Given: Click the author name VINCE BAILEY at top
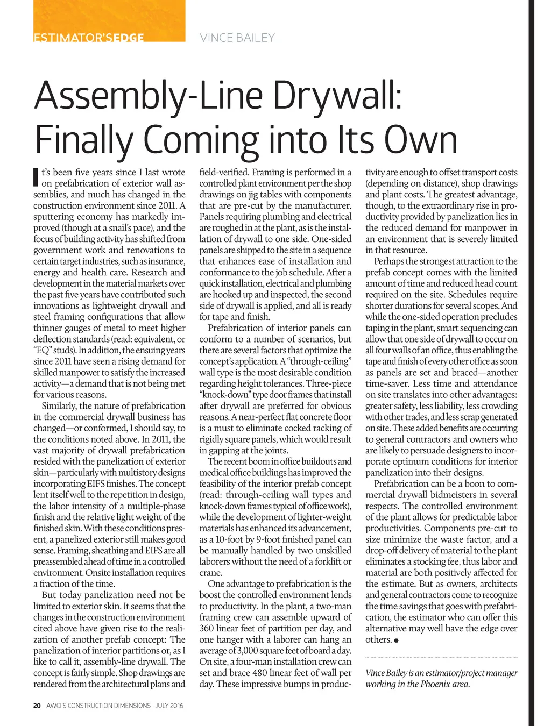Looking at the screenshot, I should (237, 38).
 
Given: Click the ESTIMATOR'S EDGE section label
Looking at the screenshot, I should (89, 38).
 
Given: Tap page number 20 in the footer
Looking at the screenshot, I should (37, 706).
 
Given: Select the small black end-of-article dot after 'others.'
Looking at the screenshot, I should (396, 640).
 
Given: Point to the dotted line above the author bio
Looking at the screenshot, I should (441, 657).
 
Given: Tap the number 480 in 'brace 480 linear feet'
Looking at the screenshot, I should (259, 673).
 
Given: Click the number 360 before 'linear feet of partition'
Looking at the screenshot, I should (207, 628).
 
